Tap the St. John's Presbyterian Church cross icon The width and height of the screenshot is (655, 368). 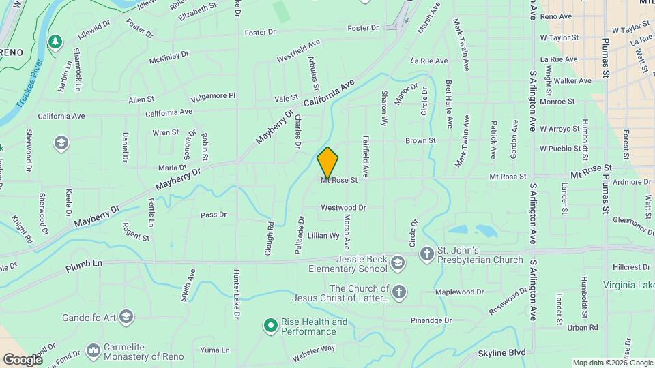[426, 254]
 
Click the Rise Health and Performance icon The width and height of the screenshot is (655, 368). [270, 326]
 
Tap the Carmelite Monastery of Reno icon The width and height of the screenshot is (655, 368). [93, 350]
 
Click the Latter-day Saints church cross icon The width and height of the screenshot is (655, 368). [399, 292]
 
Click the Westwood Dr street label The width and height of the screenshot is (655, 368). [343, 207]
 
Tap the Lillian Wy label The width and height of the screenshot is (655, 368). [323, 235]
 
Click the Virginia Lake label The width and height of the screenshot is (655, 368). [628, 284]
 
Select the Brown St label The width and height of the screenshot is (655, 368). [420, 141]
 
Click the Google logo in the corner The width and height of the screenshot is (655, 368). [23, 359]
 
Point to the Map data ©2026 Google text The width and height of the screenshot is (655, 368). [613, 363]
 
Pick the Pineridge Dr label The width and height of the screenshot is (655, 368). [431, 320]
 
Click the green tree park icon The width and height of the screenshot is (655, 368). [55, 42]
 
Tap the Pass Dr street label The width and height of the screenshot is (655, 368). [214, 215]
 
